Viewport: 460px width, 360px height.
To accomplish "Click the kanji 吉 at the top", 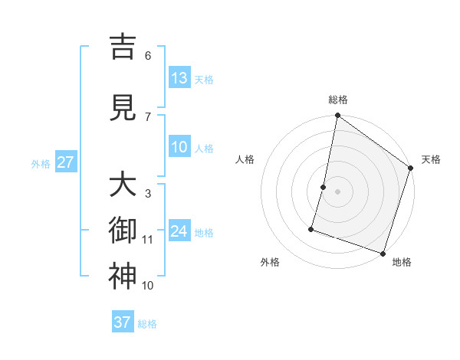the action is [123, 47].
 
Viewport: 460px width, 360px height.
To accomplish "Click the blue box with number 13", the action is [179, 78].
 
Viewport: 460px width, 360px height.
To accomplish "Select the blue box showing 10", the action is [179, 147].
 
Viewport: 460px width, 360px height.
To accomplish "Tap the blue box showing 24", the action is [179, 231].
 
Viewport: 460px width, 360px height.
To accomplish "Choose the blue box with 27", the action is [66, 162].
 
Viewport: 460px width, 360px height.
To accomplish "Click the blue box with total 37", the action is [123, 322].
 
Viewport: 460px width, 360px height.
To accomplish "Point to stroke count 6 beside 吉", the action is [148, 56].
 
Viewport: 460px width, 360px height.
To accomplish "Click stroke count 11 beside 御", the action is [148, 240].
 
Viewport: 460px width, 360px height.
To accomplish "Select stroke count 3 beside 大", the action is [148, 194].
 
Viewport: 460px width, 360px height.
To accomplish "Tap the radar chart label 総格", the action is [337, 100].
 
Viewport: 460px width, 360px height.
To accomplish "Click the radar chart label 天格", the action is [431, 159].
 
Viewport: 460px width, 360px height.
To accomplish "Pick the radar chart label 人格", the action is [245, 159].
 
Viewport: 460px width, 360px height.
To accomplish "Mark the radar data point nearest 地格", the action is [383, 253].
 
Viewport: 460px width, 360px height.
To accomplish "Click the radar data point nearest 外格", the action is [311, 228].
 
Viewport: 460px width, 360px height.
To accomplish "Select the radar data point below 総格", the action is [337, 116].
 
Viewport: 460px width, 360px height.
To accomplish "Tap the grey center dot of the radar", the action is [337, 191].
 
